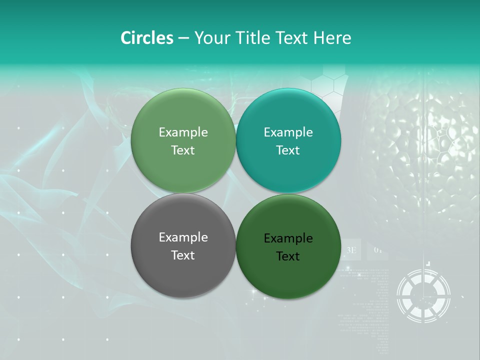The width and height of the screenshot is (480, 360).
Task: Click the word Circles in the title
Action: (x=147, y=38)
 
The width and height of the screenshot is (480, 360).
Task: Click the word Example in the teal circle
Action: (x=288, y=132)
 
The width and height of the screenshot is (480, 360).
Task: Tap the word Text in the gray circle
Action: (x=183, y=255)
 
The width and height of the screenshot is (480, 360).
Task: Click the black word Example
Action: (x=288, y=238)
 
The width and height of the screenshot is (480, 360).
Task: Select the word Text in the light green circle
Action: (x=183, y=150)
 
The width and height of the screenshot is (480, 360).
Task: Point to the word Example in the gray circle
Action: (x=183, y=237)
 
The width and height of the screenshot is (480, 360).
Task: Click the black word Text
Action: (x=288, y=256)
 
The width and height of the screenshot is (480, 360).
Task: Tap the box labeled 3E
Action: (x=351, y=249)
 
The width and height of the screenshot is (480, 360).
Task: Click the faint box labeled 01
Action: (x=378, y=249)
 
